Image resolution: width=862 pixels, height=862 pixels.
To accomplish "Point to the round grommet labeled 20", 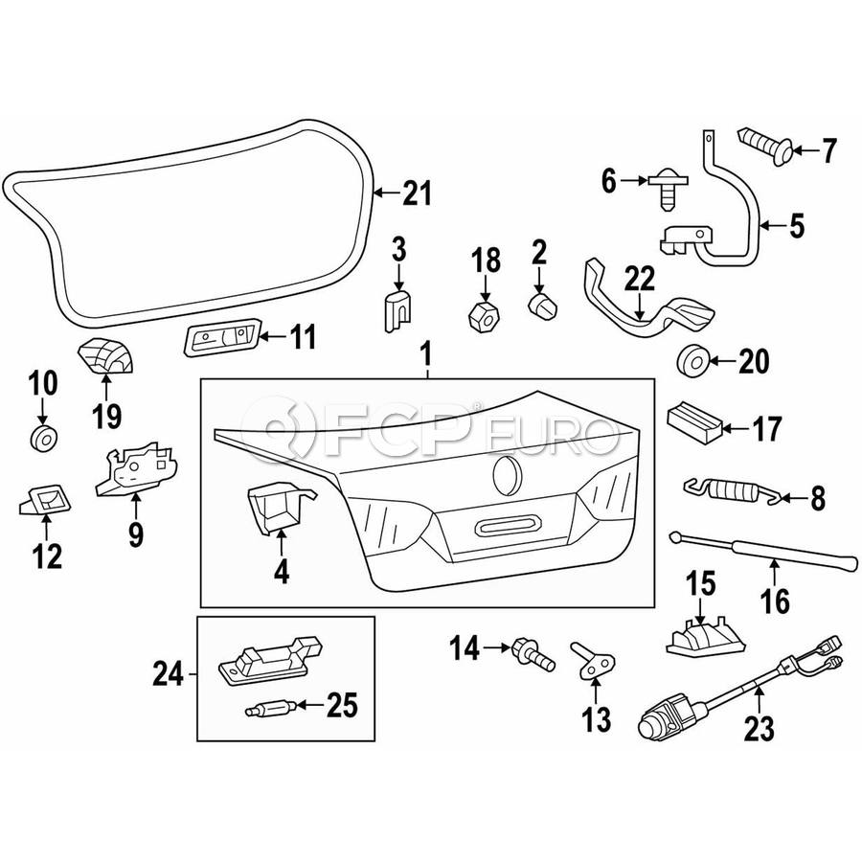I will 692,361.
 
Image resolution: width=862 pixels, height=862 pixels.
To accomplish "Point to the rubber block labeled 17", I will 697,422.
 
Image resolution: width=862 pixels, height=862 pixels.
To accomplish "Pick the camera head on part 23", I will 664,718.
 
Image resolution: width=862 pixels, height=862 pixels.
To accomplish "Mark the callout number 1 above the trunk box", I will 427,357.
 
